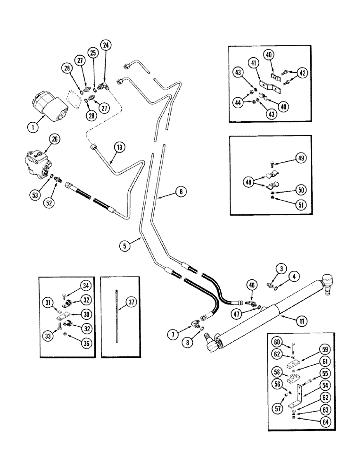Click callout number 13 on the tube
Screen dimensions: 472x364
click(119, 147)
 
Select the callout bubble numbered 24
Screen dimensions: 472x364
click(105, 46)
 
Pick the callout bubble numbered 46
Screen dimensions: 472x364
click(251, 285)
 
